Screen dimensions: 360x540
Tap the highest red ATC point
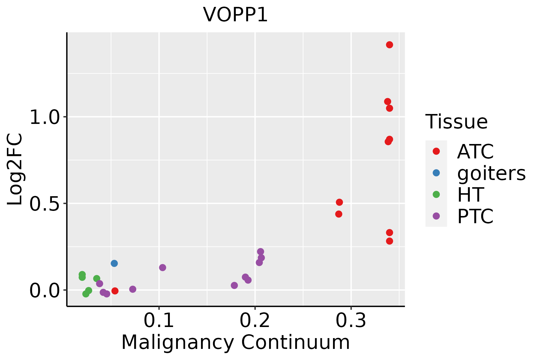click(x=389, y=45)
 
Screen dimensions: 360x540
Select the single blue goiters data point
click(x=114, y=263)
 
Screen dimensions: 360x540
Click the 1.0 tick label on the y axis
click(x=45, y=117)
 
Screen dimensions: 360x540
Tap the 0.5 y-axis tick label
click(x=45, y=204)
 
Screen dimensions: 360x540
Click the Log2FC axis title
click(x=15, y=169)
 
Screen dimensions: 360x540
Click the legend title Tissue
click(x=456, y=122)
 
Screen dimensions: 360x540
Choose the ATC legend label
click(x=475, y=151)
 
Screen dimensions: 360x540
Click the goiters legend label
click(x=491, y=173)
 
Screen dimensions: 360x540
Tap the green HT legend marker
click(x=436, y=194)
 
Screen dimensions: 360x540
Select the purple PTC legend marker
click(x=436, y=216)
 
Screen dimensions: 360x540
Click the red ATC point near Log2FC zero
click(x=115, y=291)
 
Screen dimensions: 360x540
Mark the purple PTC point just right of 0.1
click(x=162, y=268)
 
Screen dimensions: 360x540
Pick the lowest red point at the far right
click(x=389, y=241)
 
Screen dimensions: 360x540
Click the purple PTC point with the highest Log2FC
click(x=260, y=252)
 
